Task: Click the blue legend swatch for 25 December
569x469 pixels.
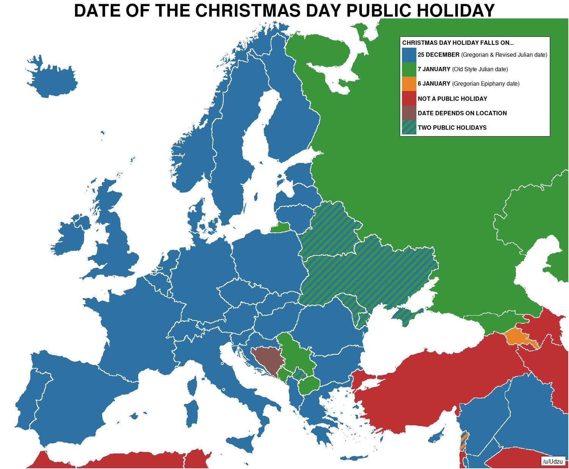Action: (409, 55)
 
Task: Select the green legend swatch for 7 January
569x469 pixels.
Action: (409, 69)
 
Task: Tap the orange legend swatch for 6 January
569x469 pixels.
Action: (409, 84)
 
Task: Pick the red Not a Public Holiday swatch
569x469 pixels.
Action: (409, 98)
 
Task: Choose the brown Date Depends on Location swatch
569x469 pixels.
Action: (409, 113)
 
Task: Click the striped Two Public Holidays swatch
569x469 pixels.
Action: (409, 127)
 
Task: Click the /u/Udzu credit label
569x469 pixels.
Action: (552, 461)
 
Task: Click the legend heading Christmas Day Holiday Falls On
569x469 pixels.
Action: (458, 43)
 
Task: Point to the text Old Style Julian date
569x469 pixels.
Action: (480, 69)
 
